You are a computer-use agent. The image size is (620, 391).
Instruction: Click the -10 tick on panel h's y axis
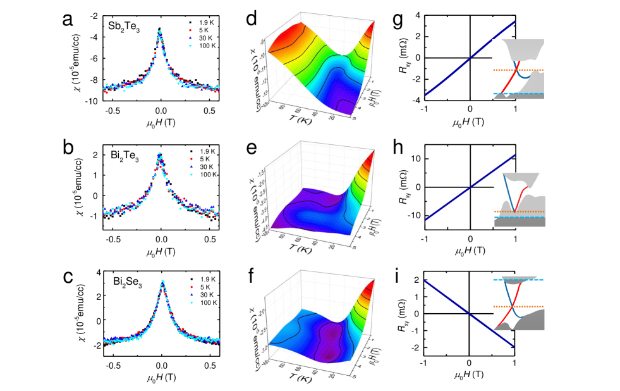coord(413,216)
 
